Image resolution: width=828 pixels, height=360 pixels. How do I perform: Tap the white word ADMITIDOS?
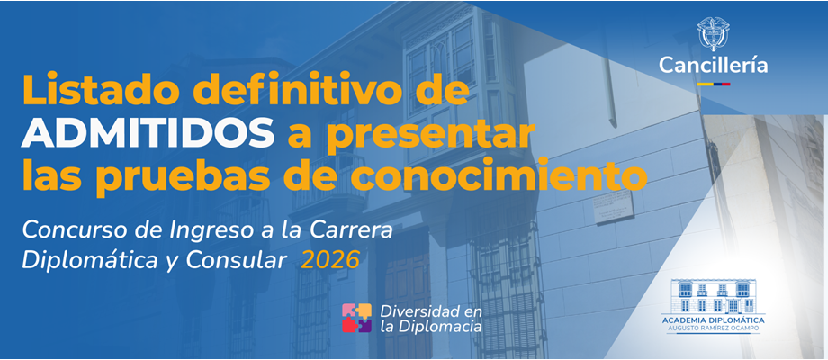click(x=148, y=134)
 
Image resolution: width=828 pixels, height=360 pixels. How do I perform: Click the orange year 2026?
click(x=330, y=260)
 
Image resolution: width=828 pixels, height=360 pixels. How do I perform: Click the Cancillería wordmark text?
click(x=713, y=66)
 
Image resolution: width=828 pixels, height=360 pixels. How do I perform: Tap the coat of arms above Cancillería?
click(x=713, y=32)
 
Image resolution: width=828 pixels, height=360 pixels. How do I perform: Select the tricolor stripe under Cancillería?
click(x=713, y=84)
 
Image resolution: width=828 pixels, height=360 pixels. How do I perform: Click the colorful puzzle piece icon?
click(x=357, y=318)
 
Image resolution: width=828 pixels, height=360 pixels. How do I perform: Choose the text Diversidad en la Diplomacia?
click(x=431, y=319)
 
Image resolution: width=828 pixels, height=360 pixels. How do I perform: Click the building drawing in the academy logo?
click(x=713, y=296)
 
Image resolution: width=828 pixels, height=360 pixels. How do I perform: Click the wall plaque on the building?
click(x=615, y=207)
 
